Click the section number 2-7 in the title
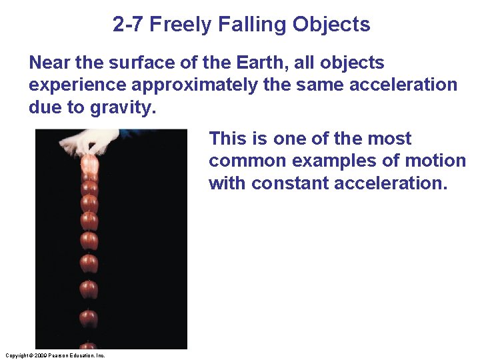(129, 25)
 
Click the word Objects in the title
(331, 25)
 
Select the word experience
(79, 85)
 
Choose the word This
(229, 139)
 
